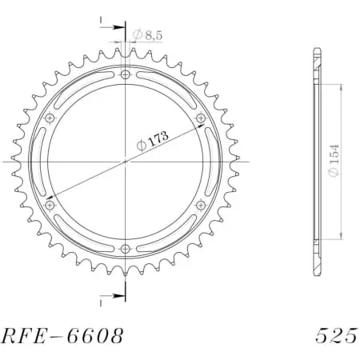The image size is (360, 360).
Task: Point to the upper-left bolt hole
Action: coord(50,118)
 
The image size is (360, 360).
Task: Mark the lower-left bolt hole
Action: coord(50,206)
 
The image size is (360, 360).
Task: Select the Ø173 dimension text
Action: coord(153,140)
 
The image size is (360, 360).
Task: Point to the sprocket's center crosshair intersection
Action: coord(126,162)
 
